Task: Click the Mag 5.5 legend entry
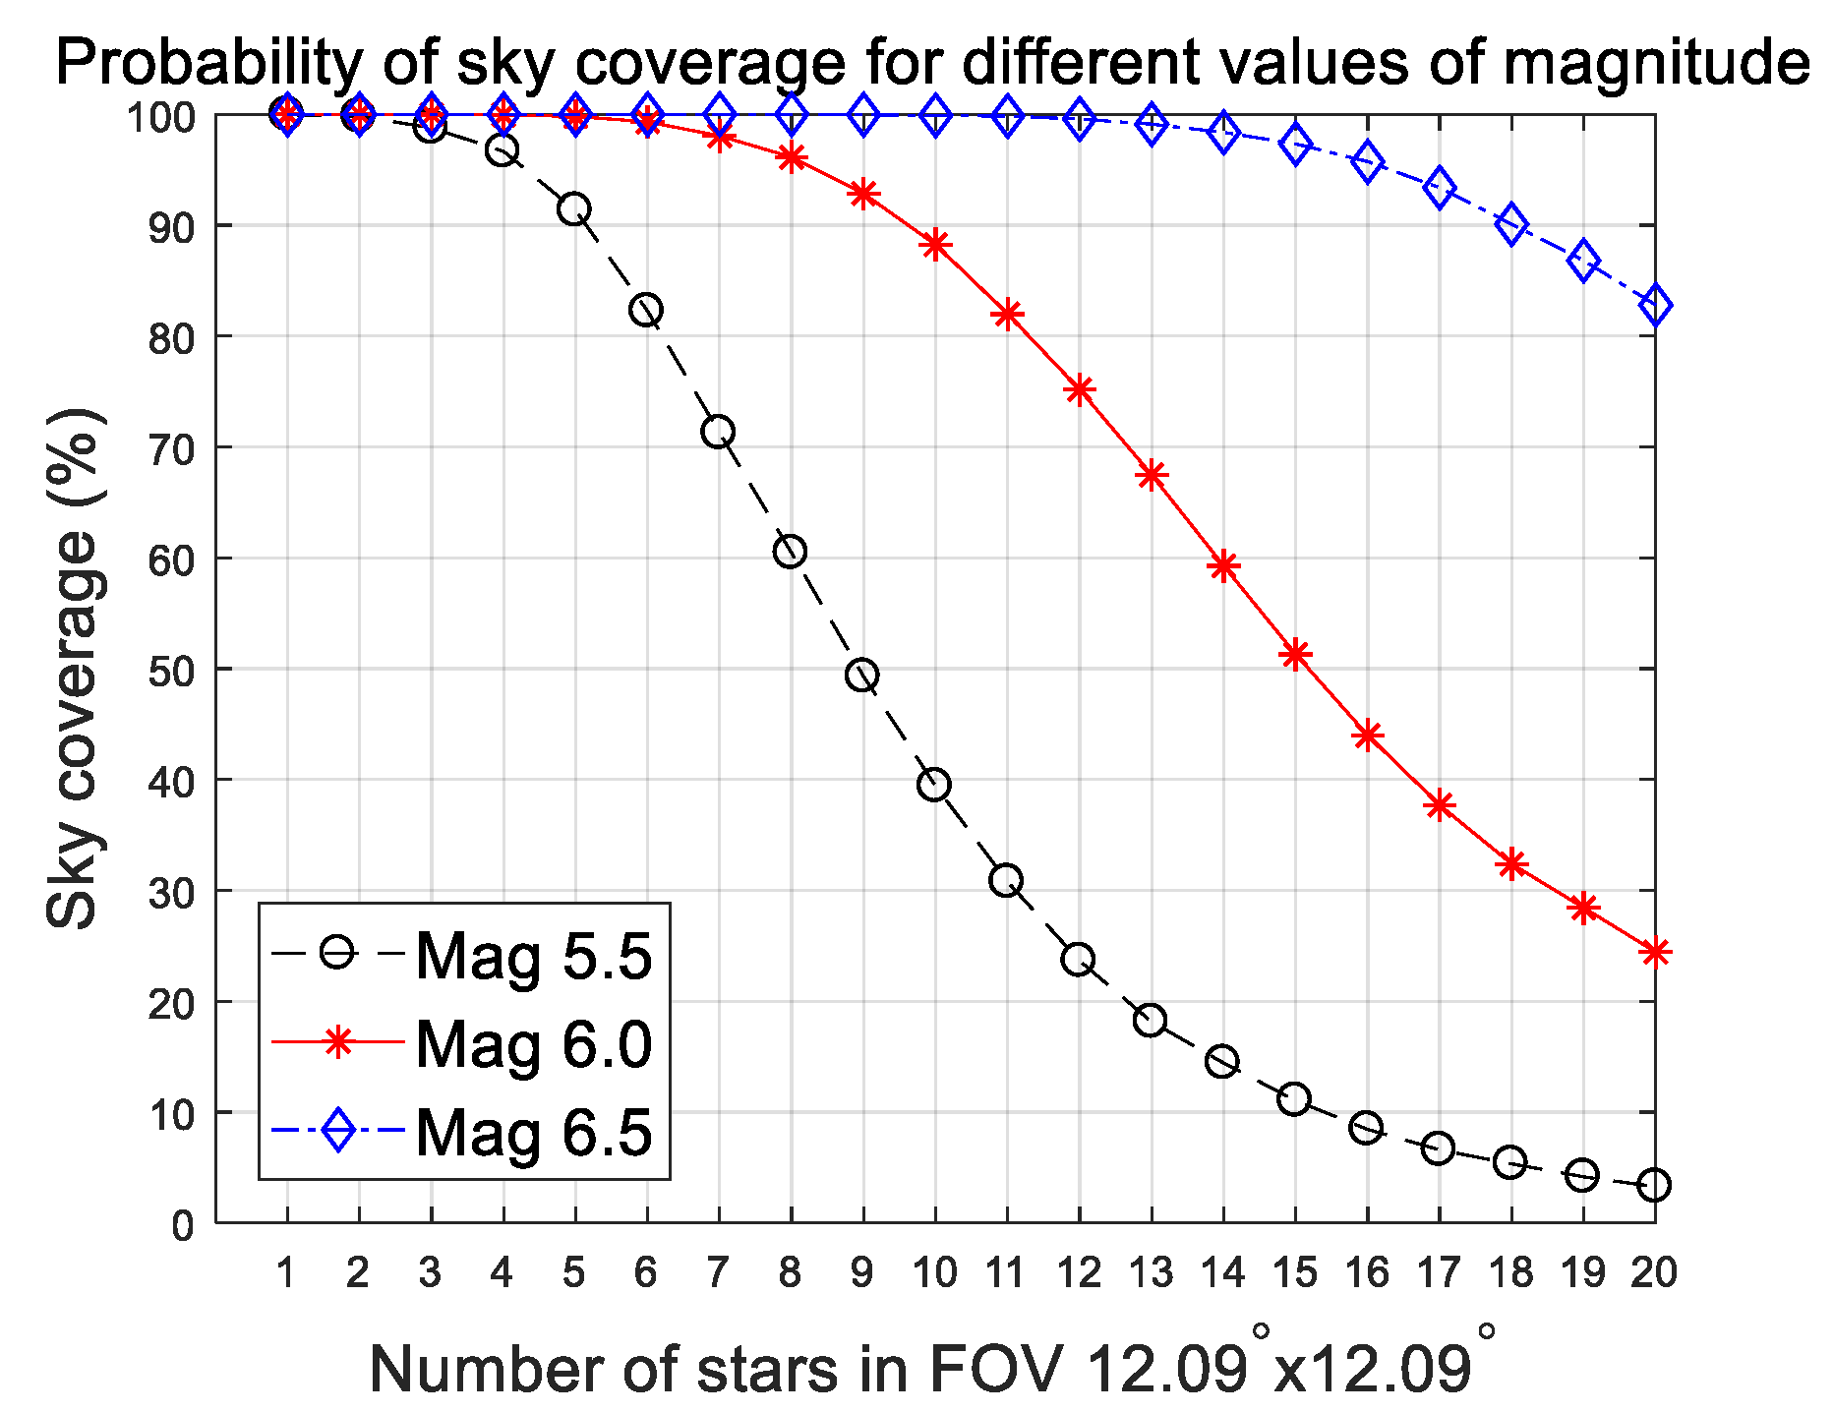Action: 533,955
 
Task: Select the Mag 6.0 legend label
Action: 533,1043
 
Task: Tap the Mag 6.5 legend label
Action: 533,1132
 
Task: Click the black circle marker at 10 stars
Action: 933,785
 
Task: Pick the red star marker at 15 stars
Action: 1295,654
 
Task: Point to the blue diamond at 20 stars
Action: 1655,305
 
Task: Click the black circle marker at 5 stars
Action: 574,209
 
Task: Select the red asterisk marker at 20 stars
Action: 1655,952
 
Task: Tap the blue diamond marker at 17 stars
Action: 1439,188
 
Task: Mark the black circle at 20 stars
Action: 1654,1185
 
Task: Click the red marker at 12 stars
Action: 1079,389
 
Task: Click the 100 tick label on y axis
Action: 160,117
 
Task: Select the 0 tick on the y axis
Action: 183,1225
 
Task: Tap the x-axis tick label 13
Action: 1151,1273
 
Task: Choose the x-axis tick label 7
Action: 718,1273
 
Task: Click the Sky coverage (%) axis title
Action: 73,669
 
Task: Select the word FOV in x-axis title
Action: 994,1368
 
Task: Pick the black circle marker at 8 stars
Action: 790,552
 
